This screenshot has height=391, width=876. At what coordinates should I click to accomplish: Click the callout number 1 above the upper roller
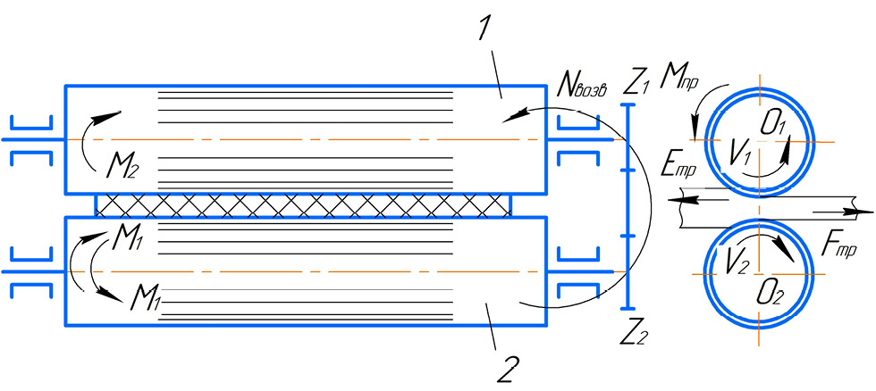(484, 29)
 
